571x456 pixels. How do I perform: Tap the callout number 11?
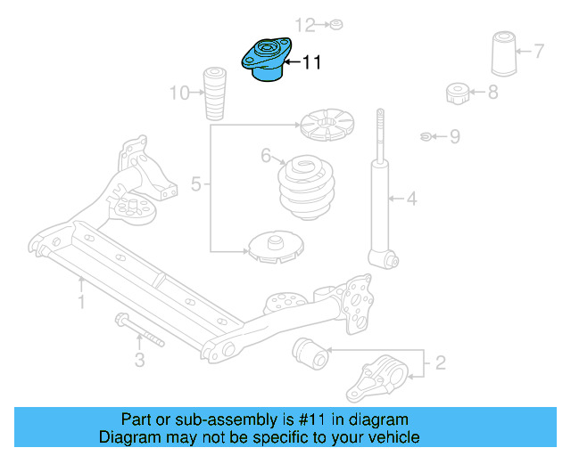click(x=311, y=62)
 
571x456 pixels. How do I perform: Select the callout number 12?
click(x=305, y=24)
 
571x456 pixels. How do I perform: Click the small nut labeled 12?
click(x=335, y=24)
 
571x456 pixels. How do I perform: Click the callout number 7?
click(x=539, y=50)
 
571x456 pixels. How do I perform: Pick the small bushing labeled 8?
click(x=458, y=92)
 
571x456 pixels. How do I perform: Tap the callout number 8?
click(x=492, y=91)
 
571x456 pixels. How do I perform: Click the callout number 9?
click(x=454, y=136)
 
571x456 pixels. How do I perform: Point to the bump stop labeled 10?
click(x=214, y=93)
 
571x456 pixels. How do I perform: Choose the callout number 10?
click(x=179, y=91)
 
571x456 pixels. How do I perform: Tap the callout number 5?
click(x=196, y=185)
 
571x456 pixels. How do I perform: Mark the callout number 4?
click(x=411, y=199)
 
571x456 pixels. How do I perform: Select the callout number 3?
click(x=139, y=360)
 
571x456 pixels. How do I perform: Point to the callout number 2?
click(x=439, y=362)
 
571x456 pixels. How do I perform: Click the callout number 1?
click(x=81, y=304)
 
